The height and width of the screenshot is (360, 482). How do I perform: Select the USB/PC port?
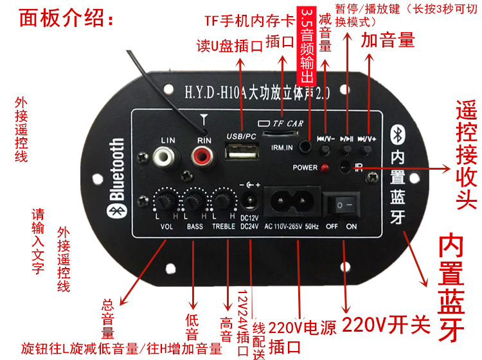coord(240,154)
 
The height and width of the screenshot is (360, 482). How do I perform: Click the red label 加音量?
coord(388,40)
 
